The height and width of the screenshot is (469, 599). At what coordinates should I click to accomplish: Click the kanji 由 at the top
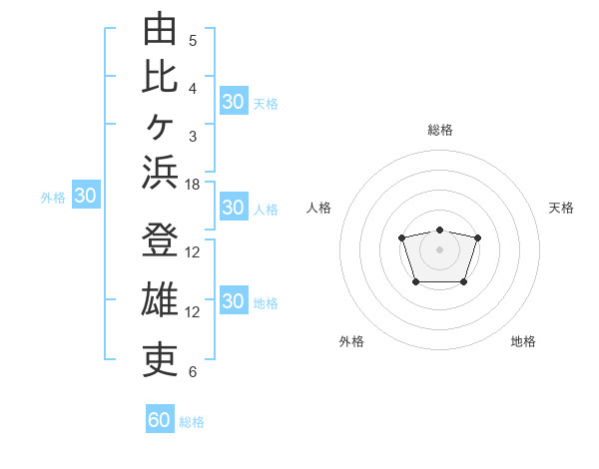tap(160, 28)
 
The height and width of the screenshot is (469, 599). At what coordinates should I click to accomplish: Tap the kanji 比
tap(160, 78)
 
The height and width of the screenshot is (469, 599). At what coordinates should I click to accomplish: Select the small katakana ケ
tap(160, 127)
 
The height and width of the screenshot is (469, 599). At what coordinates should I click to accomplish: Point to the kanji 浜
tap(160, 173)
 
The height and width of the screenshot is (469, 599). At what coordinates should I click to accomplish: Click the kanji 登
tap(160, 239)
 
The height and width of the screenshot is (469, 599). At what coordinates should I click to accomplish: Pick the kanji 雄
tap(160, 299)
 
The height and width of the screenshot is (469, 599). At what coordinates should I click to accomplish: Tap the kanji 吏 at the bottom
tap(160, 360)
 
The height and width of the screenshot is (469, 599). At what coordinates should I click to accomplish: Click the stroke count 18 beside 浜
tap(192, 185)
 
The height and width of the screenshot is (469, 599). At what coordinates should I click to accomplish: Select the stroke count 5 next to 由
tap(193, 41)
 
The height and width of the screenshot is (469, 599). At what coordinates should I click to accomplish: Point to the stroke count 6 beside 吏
tap(193, 372)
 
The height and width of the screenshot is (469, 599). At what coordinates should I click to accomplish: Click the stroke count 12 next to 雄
tap(192, 312)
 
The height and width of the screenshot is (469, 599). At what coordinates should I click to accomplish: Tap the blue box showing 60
tap(160, 418)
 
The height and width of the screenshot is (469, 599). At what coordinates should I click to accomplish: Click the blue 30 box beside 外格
tap(86, 194)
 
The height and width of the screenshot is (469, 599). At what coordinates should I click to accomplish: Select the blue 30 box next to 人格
tap(234, 207)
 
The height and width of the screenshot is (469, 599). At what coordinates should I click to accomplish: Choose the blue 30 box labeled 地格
tap(234, 299)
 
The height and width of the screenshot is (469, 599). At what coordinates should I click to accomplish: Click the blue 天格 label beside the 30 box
tap(266, 104)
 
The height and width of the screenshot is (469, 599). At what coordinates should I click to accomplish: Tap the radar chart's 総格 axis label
tap(440, 130)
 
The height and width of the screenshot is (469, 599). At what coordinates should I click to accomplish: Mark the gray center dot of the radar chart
tap(439, 249)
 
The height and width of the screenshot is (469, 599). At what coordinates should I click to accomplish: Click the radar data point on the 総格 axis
tap(439, 230)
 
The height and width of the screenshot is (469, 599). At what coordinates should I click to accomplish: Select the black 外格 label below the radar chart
tap(351, 341)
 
